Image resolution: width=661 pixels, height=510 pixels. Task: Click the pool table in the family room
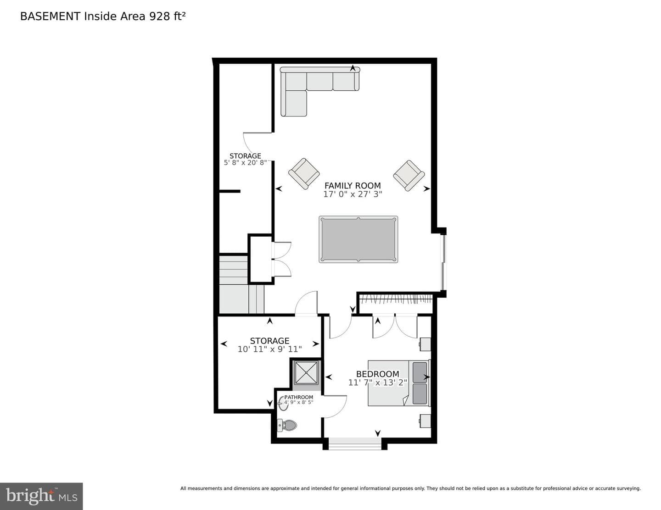(358, 239)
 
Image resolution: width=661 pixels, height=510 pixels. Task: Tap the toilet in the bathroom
(287, 425)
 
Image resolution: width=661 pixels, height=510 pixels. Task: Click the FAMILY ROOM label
(353, 186)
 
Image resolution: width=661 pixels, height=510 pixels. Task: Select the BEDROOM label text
(377, 374)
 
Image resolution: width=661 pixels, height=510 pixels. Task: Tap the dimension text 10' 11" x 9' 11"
(269, 349)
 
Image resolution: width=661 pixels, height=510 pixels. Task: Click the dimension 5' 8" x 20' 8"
(245, 163)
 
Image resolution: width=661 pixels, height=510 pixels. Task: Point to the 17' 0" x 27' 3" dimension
(353, 194)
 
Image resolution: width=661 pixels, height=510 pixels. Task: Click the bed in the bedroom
(399, 383)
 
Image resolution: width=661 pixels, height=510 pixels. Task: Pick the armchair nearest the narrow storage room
(304, 173)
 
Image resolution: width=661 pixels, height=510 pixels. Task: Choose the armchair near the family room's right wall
(409, 176)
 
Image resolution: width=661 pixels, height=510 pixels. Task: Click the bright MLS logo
(41, 496)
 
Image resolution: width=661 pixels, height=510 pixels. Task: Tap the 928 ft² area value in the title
(167, 16)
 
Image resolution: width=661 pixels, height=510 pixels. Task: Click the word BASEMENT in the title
(50, 17)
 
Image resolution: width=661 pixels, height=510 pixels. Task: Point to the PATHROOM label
(298, 397)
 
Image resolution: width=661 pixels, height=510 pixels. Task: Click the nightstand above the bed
(425, 344)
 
